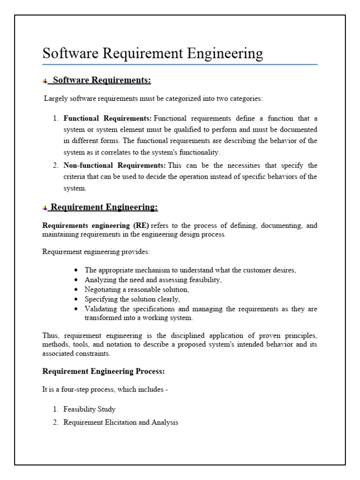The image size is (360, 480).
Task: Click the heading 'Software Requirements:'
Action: tap(102, 80)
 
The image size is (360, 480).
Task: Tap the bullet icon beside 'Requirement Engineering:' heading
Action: tap(45, 208)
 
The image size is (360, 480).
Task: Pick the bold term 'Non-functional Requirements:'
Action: tap(114, 165)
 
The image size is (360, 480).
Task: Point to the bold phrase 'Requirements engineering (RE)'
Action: tap(96, 225)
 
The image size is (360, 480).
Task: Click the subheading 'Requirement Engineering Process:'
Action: tap(104, 371)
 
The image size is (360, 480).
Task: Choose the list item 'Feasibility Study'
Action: tap(89, 409)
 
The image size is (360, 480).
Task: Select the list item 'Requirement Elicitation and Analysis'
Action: tap(120, 422)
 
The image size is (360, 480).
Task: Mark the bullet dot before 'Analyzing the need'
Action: tap(76, 280)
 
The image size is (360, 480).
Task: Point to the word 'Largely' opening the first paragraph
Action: tap(55, 98)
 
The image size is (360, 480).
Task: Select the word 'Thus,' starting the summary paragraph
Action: tap(51, 336)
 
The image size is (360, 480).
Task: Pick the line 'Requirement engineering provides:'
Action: tap(96, 252)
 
